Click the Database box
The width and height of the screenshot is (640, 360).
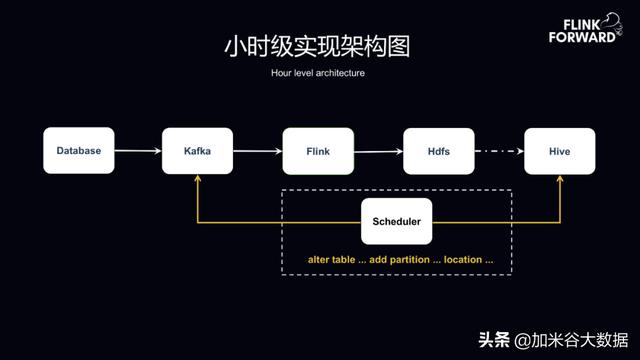tap(78, 151)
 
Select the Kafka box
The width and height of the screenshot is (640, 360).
tap(198, 151)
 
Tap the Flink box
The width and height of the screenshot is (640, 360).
tap(318, 151)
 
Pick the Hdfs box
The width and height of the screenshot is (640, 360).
tap(438, 151)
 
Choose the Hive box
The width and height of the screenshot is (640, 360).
tap(559, 151)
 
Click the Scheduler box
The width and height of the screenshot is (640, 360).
tap(396, 221)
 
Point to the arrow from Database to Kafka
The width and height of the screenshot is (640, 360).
tap(138, 151)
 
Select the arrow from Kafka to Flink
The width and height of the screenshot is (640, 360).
tap(258, 151)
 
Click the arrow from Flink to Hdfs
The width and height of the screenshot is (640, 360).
tap(378, 151)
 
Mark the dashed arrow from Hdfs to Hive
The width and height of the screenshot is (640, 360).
tap(498, 151)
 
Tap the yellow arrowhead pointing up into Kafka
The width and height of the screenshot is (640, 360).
tap(198, 180)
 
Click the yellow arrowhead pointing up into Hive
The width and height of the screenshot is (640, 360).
tap(559, 180)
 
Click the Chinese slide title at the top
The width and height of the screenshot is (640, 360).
tap(317, 47)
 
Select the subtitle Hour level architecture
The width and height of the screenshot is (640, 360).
tap(317, 73)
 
